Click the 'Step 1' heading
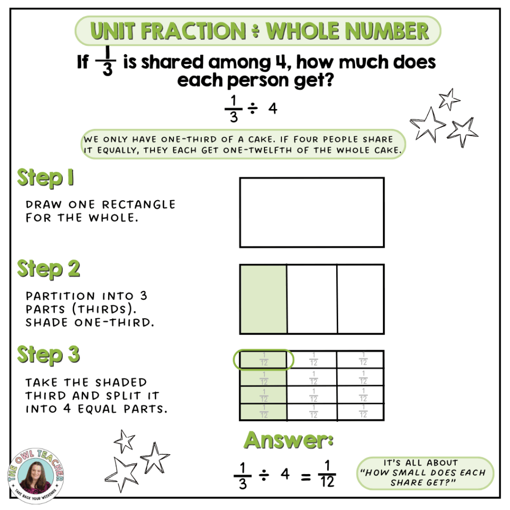tap(45, 178)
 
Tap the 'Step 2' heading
tap(48, 269)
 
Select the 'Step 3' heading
tap(48, 355)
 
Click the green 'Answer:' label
tap(288, 440)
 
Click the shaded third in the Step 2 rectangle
tap(263, 299)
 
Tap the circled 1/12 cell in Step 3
tap(263, 360)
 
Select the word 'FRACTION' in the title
tap(194, 31)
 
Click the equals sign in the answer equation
tap(305, 478)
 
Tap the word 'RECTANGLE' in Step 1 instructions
tap(139, 205)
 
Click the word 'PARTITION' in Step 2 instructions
tap(60, 296)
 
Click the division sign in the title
tap(255, 31)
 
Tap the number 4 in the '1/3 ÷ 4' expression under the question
tap(273, 108)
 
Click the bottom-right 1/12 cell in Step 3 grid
tap(361, 412)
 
